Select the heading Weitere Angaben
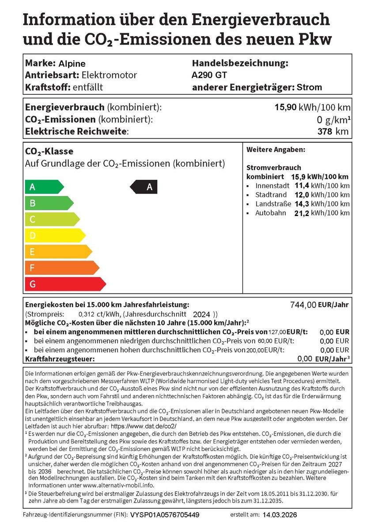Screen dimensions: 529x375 [276, 150]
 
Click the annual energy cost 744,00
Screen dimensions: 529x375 [303, 305]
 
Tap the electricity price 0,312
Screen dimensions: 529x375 [86, 314]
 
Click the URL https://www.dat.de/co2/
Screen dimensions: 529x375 [143, 427]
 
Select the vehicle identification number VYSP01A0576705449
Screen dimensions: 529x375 [164, 515]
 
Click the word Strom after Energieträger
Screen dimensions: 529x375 [309, 87]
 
